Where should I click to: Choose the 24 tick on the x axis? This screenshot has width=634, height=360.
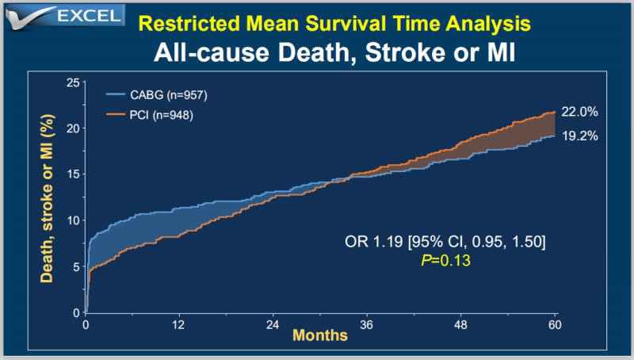pyautogui.click(x=273, y=325)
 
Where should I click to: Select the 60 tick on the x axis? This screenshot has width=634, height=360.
pyautogui.click(x=554, y=325)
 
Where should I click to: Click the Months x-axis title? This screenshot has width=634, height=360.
pyautogui.click(x=320, y=335)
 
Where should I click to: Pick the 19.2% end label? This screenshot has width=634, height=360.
pyautogui.click(x=581, y=136)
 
